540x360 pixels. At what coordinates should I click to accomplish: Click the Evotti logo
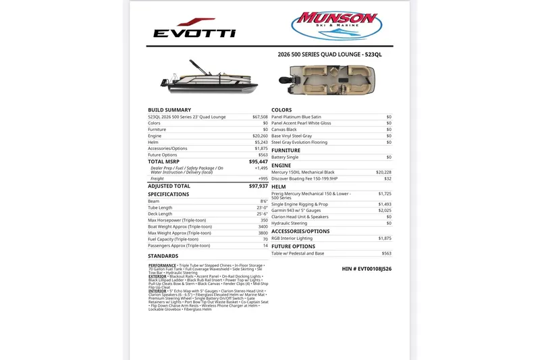pos(194,28)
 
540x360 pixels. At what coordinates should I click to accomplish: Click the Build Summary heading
pos(169,109)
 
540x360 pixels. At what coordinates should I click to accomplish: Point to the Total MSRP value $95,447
pos(258,162)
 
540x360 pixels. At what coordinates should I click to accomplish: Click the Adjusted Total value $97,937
pos(258,186)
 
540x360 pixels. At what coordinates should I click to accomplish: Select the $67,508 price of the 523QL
pos(260,117)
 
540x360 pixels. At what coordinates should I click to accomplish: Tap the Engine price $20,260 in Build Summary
pos(260,136)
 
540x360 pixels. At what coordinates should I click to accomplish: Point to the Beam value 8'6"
pos(264,201)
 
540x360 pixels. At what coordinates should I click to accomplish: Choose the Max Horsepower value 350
pos(264,220)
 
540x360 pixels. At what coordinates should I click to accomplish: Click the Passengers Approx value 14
pos(265,246)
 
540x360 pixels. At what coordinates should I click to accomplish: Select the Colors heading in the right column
pos(281,109)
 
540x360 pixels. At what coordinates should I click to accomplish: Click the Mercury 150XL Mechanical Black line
pos(303,172)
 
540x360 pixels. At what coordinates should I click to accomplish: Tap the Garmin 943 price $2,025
pos(385,211)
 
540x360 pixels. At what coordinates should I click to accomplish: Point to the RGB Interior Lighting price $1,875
pos(385,238)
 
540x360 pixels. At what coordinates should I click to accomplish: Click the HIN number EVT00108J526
pos(367,269)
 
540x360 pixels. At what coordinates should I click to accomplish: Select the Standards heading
pos(163,256)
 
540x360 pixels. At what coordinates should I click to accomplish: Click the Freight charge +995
pos(263,179)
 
